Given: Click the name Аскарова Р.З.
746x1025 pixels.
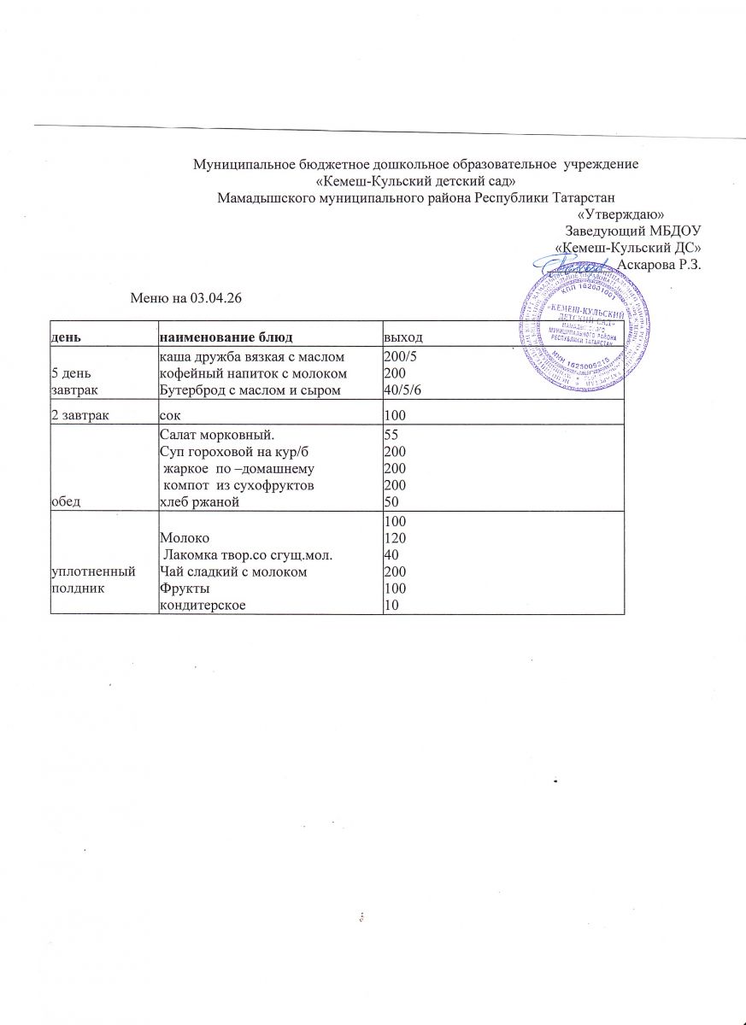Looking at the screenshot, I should coord(659,265).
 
